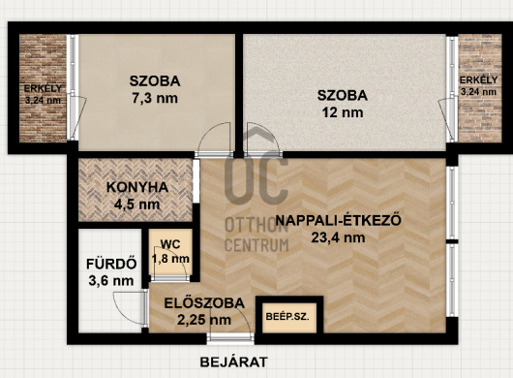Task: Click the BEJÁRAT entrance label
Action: click(233, 362)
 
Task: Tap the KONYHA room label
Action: click(137, 187)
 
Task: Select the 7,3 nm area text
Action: click(155, 98)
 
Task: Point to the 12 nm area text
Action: click(343, 112)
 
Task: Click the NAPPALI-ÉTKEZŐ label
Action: click(339, 220)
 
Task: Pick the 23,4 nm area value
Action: click(339, 237)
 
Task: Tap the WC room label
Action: click(170, 244)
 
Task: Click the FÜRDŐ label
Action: click(111, 264)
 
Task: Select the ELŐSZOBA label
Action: click(204, 303)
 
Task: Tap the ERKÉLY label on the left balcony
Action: click(43, 88)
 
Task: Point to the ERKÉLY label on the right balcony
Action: click(479, 79)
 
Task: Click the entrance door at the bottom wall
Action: click(230, 338)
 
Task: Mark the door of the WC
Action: click(169, 278)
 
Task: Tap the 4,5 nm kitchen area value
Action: click(137, 205)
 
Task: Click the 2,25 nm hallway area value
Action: click(204, 320)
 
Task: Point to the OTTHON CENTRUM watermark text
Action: click(256, 236)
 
